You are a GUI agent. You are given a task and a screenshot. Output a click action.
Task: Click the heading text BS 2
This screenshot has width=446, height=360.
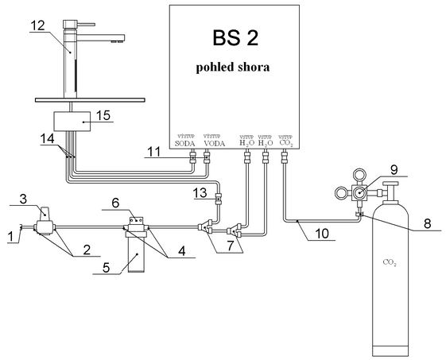pyautogui.click(x=235, y=37)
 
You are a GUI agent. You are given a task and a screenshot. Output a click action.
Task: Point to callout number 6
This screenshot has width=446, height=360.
pyautogui.click(x=116, y=203)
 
